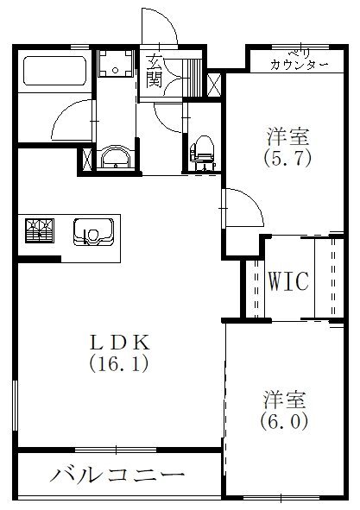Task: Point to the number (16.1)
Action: point(119,363)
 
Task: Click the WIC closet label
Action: point(287,281)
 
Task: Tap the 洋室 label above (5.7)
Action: point(287,137)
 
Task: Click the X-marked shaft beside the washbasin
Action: point(87,158)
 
